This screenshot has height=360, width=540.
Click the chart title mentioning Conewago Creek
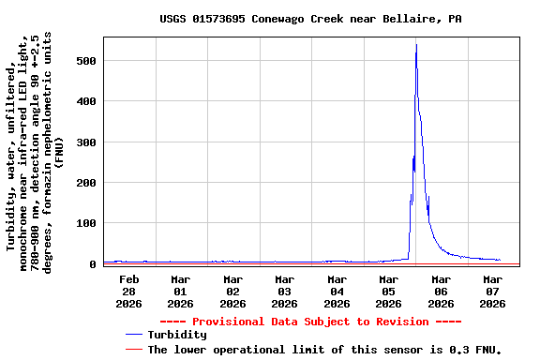309,19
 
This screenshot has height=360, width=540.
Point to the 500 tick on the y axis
85,61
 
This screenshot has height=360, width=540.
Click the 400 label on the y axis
85,101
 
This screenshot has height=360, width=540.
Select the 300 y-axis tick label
85,142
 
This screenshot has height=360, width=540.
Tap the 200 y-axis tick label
85,183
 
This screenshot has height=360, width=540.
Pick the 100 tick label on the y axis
85,224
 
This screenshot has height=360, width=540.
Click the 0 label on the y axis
92,264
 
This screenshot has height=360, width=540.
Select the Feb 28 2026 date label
128,291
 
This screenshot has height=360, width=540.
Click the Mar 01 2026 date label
180,291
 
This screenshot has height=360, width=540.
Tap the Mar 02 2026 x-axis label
232,291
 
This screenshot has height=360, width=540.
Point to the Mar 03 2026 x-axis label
284,291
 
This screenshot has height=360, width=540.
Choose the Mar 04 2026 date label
337,291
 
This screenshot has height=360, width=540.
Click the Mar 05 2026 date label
388,291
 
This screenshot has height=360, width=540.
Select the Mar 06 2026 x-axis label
441,291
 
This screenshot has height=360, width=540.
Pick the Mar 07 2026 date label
492,291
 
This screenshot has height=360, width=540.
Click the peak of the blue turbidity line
416,45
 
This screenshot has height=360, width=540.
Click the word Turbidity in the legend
177,335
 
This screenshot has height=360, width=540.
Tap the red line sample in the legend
134,349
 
